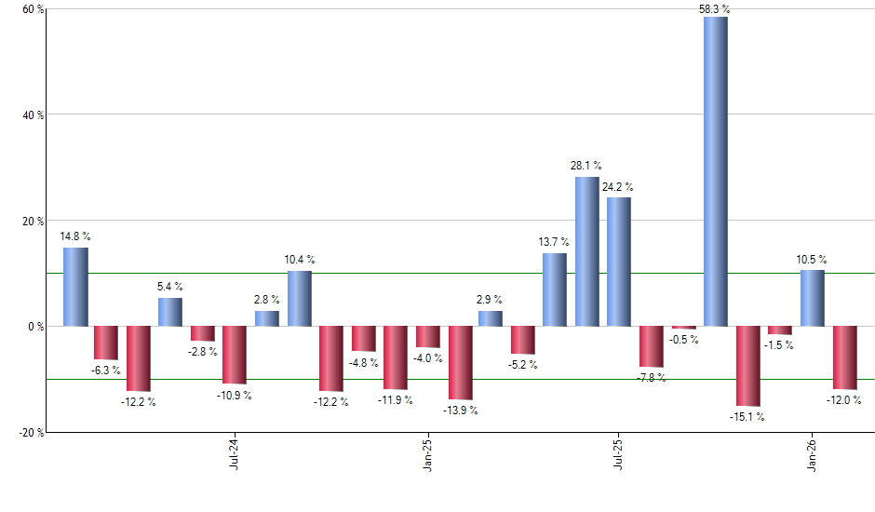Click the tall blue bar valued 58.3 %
(716, 172)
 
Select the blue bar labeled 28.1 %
(587, 251)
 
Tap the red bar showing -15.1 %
(747, 366)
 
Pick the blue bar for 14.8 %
(75, 287)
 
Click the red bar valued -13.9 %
(460, 363)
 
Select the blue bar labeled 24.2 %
(619, 262)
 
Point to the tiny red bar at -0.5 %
(683, 328)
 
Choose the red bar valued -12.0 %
(844, 357)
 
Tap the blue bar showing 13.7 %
(555, 290)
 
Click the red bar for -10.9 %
(235, 355)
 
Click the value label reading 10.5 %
(812, 260)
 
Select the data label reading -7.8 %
(652, 377)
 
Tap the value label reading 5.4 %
(170, 287)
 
